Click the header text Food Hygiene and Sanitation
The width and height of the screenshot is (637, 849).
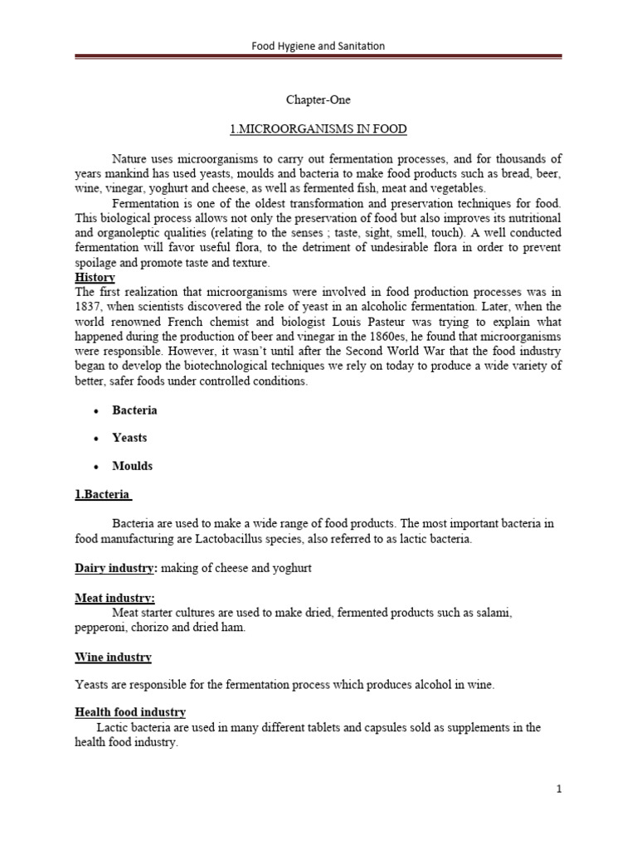[318, 46]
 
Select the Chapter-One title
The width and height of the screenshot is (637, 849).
[318, 100]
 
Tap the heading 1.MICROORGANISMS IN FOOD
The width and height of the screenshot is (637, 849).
[318, 129]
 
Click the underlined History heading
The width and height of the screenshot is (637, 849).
[95, 277]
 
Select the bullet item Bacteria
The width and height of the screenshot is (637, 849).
[134, 410]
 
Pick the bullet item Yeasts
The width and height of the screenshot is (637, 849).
[129, 438]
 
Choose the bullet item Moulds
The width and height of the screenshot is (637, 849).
[132, 466]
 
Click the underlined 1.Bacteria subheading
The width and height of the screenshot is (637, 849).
[103, 494]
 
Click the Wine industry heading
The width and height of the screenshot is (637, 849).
[113, 657]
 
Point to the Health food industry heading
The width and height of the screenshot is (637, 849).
[130, 712]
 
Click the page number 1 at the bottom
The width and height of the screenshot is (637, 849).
[559, 790]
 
